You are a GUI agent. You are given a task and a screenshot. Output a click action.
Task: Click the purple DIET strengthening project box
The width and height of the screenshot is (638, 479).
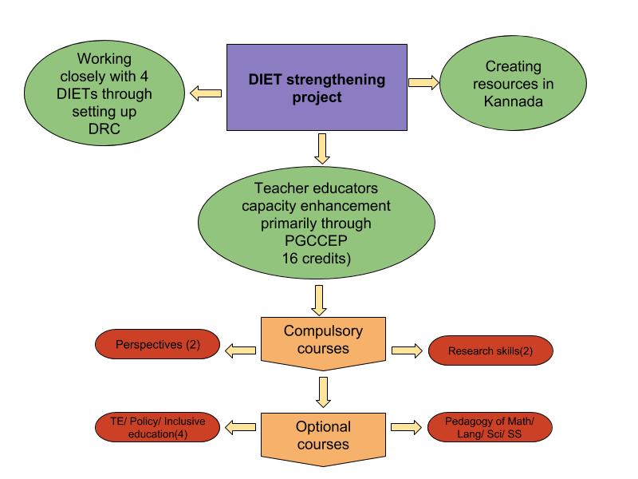tap(317, 88)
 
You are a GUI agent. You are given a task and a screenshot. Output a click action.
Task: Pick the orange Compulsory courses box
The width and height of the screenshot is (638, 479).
tap(324, 342)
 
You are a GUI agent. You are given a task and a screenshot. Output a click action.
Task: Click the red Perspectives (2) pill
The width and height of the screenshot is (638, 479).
tap(156, 346)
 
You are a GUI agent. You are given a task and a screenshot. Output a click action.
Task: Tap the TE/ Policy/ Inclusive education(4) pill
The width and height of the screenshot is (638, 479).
tap(156, 428)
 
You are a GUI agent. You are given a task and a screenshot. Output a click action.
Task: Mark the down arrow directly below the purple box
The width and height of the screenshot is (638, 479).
tap(322, 147)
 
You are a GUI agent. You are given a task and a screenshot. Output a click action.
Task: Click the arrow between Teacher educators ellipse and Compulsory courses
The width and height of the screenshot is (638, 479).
tap(321, 299)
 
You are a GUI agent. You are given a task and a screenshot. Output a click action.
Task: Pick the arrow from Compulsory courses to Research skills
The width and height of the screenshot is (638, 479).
tap(405, 350)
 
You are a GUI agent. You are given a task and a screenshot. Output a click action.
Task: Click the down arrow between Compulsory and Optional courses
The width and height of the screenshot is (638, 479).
tap(322, 390)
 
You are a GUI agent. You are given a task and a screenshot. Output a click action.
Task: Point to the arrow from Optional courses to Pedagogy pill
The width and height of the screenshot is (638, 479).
tap(405, 428)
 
